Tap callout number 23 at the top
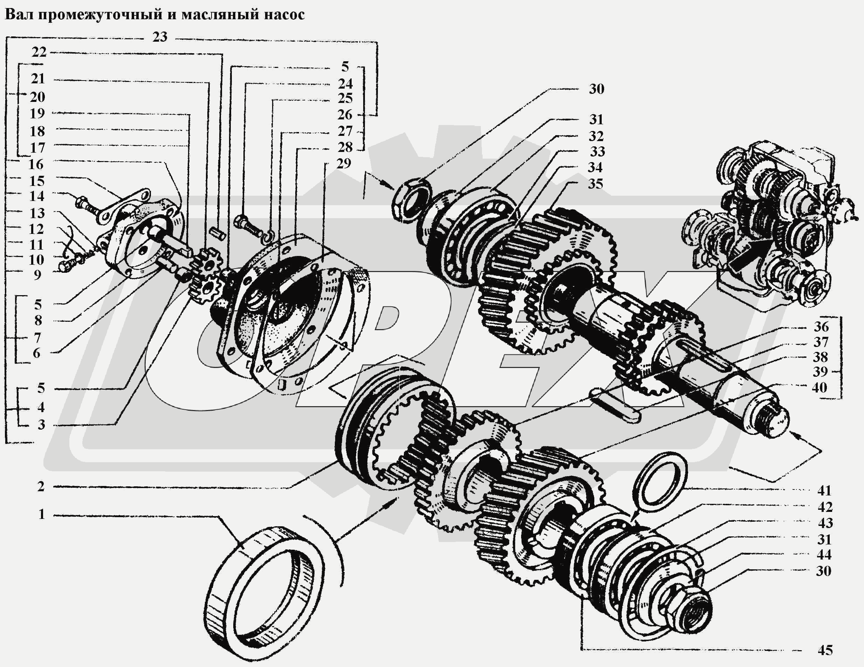tap(160, 37)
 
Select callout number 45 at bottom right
tap(825, 650)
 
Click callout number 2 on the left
tap(41, 486)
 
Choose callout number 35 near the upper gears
tap(595, 184)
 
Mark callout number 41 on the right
tap(824, 491)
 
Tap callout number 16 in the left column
tap(36, 164)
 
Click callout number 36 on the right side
tap(821, 327)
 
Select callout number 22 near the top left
tap(39, 52)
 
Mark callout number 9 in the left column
tap(37, 275)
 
